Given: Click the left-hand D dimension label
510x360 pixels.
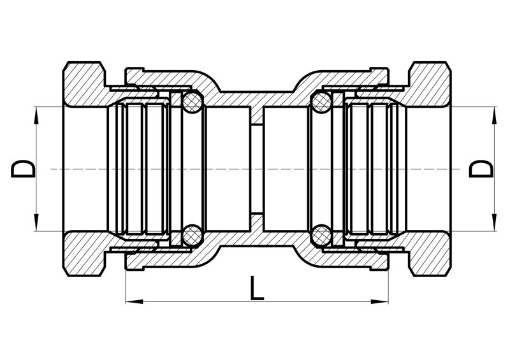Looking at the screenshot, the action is click(x=23, y=169).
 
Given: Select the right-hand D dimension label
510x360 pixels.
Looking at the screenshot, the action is click(x=481, y=169).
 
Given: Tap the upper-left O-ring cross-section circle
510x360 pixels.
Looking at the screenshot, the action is click(x=193, y=102).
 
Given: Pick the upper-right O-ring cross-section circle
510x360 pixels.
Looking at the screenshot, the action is click(x=321, y=102).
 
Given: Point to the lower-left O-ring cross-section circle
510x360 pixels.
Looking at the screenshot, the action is click(x=193, y=236).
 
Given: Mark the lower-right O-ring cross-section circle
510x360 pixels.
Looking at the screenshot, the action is click(x=321, y=236).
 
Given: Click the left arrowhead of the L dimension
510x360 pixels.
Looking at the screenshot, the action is click(x=134, y=301).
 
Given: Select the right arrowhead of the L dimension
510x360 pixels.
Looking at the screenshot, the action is click(x=380, y=301).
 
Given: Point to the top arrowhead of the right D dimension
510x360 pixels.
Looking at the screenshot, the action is click(x=495, y=115).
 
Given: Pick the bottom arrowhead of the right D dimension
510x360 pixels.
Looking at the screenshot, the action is click(x=495, y=222).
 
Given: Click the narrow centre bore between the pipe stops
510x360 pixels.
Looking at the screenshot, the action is click(x=257, y=169).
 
